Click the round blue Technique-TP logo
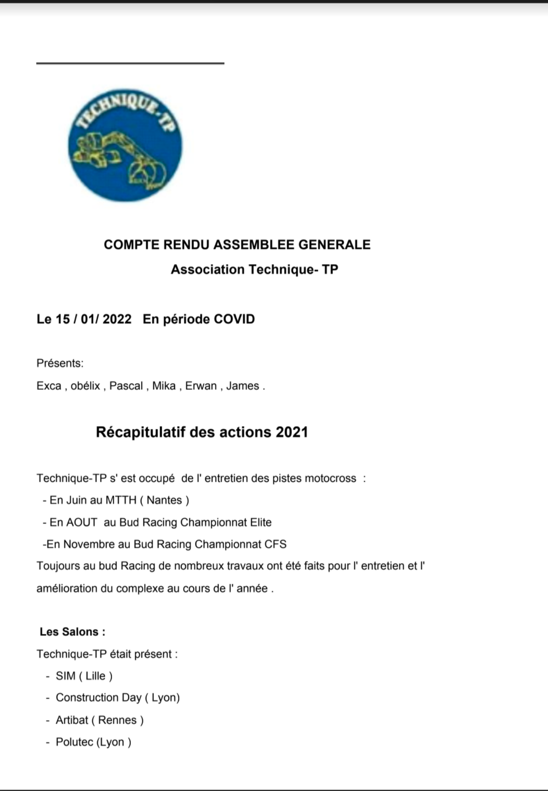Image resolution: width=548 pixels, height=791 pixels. click(x=125, y=145)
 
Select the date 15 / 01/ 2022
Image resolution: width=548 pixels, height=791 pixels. click(x=93, y=319)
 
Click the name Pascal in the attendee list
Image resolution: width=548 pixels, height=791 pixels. click(x=126, y=386)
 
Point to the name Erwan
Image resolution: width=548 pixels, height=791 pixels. click(x=201, y=386)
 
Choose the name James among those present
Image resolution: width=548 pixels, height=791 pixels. click(x=242, y=386)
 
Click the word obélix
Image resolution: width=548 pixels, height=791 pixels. click(x=85, y=386)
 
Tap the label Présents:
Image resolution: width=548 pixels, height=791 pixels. click(x=60, y=363)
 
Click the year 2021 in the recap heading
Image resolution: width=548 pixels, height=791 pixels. click(x=292, y=432)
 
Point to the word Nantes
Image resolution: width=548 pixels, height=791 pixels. click(x=164, y=500)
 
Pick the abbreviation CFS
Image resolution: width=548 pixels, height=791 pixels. click(x=275, y=544)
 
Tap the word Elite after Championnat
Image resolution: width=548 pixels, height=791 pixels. click(x=257, y=522)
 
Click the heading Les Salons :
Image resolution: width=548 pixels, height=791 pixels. click(x=72, y=631)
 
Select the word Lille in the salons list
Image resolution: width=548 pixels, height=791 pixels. click(x=95, y=676)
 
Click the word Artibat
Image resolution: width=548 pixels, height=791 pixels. click(x=72, y=720)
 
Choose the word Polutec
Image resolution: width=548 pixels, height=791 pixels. click(x=74, y=742)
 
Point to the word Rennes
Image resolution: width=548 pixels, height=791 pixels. click(x=117, y=720)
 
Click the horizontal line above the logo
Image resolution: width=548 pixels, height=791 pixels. click(x=130, y=63)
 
